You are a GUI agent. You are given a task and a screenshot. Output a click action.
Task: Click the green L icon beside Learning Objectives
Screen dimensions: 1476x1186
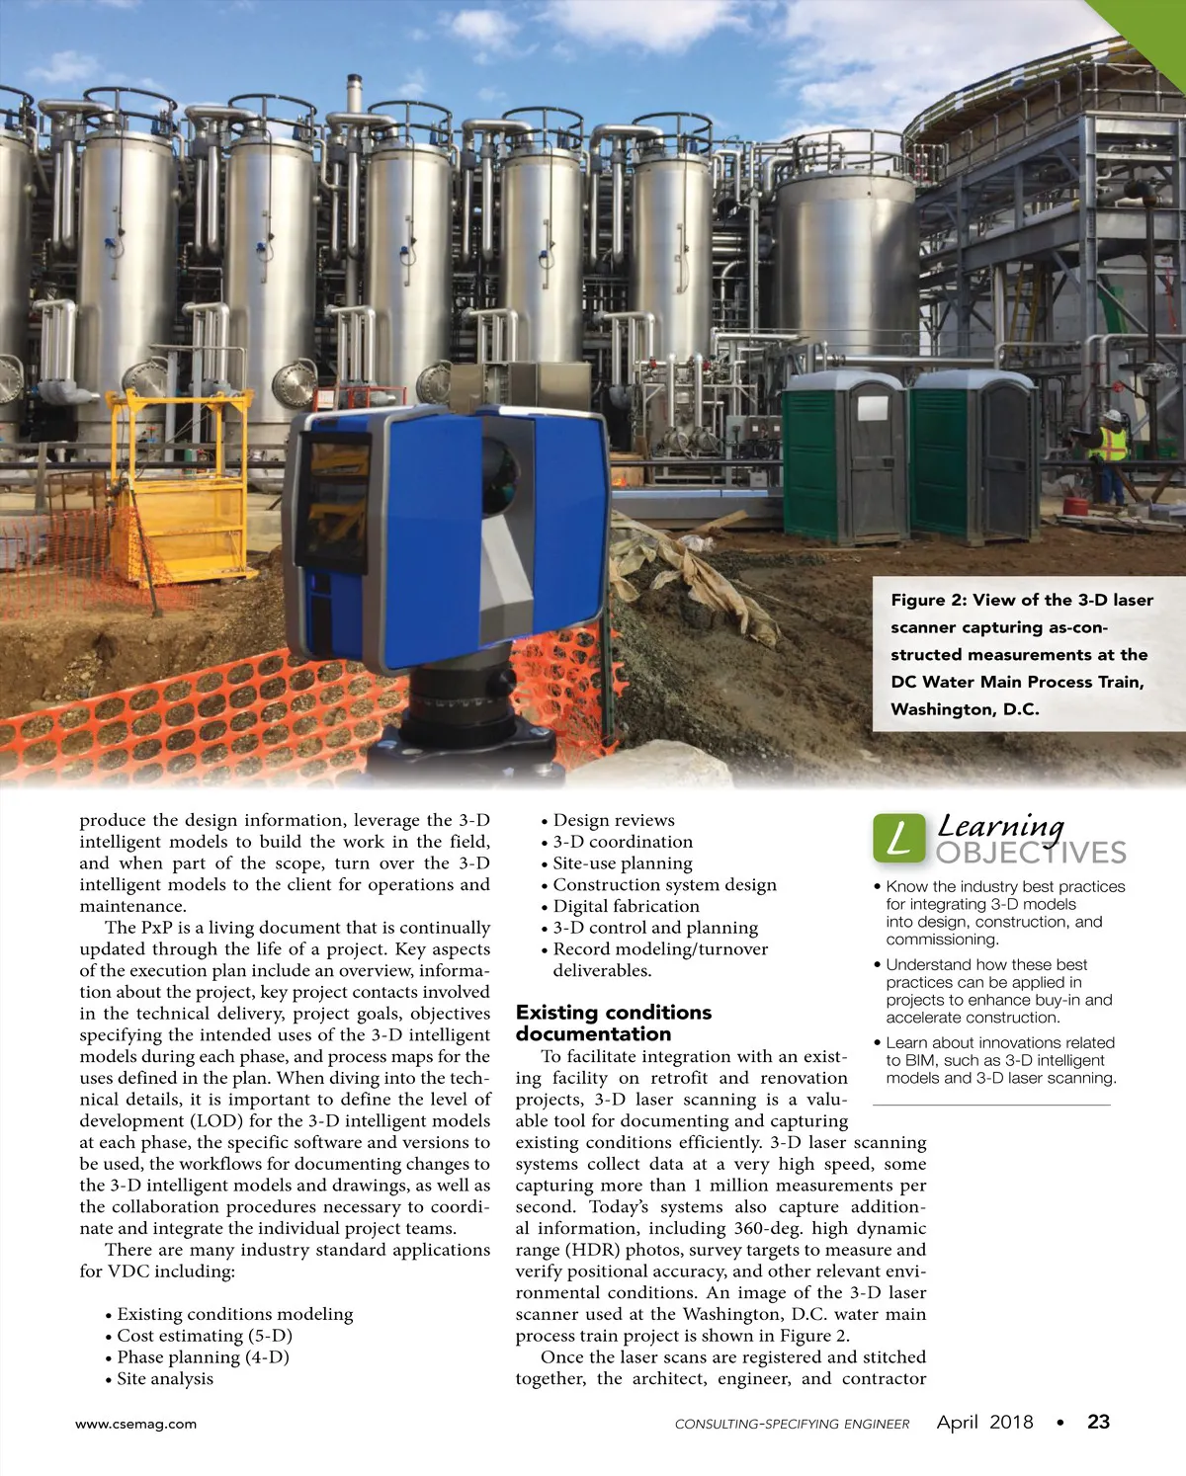click(x=898, y=838)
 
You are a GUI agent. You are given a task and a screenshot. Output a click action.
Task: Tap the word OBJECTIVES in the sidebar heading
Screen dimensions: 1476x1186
click(x=1031, y=853)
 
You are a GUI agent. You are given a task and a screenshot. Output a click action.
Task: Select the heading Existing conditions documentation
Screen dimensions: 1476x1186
click(x=613, y=1024)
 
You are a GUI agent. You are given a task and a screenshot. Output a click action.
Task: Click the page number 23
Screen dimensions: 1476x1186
click(x=1098, y=1423)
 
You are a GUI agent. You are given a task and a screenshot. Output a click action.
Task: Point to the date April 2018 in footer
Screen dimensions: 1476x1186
click(x=984, y=1423)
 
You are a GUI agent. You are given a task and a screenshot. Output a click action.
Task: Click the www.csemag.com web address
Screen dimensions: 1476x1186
click(x=136, y=1424)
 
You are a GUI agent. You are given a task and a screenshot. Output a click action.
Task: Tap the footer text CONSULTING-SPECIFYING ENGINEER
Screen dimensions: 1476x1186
click(x=792, y=1424)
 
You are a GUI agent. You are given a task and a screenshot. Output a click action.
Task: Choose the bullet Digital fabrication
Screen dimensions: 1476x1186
click(x=626, y=906)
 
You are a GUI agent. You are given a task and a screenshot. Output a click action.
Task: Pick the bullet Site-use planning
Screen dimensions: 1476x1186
click(x=622, y=863)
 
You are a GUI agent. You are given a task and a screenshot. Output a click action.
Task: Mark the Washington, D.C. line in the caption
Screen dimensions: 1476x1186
click(x=965, y=709)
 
